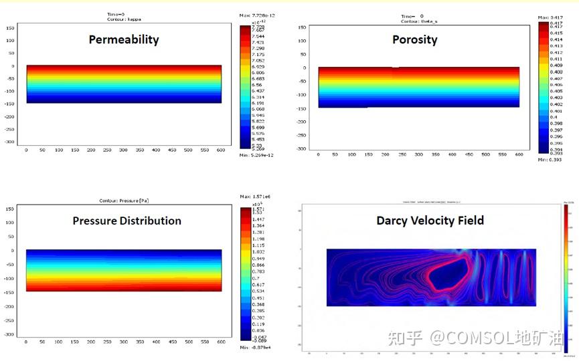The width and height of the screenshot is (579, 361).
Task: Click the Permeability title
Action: [x=124, y=39]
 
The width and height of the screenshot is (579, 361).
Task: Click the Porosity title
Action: [x=414, y=39]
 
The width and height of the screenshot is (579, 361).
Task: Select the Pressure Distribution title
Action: [x=127, y=221]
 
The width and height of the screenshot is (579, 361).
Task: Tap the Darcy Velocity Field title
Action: [x=430, y=220]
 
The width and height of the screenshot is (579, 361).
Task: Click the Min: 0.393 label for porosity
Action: [x=550, y=160]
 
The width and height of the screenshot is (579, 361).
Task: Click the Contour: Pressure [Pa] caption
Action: [x=123, y=200]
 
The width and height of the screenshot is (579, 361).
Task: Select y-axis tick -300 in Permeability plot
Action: [x=10, y=142]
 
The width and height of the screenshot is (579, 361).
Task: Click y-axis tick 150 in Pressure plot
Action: [x=10, y=209]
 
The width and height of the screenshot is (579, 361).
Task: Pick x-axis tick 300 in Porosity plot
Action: [x=418, y=154]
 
